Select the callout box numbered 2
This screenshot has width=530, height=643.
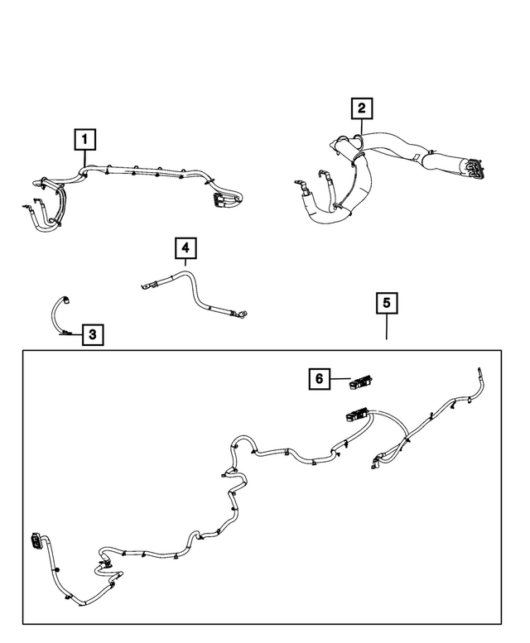pyautogui.click(x=361, y=108)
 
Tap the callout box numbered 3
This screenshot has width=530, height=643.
pyautogui.click(x=93, y=334)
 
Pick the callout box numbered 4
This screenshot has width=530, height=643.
pyautogui.click(x=185, y=247)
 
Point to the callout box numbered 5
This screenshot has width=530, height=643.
pyautogui.click(x=386, y=303)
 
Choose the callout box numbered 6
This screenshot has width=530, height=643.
pyautogui.click(x=318, y=379)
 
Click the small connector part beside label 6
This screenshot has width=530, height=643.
pyautogui.click(x=361, y=381)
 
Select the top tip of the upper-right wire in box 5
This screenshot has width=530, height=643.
pyautogui.click(x=479, y=370)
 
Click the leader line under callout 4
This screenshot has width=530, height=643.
pyautogui.click(x=185, y=266)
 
